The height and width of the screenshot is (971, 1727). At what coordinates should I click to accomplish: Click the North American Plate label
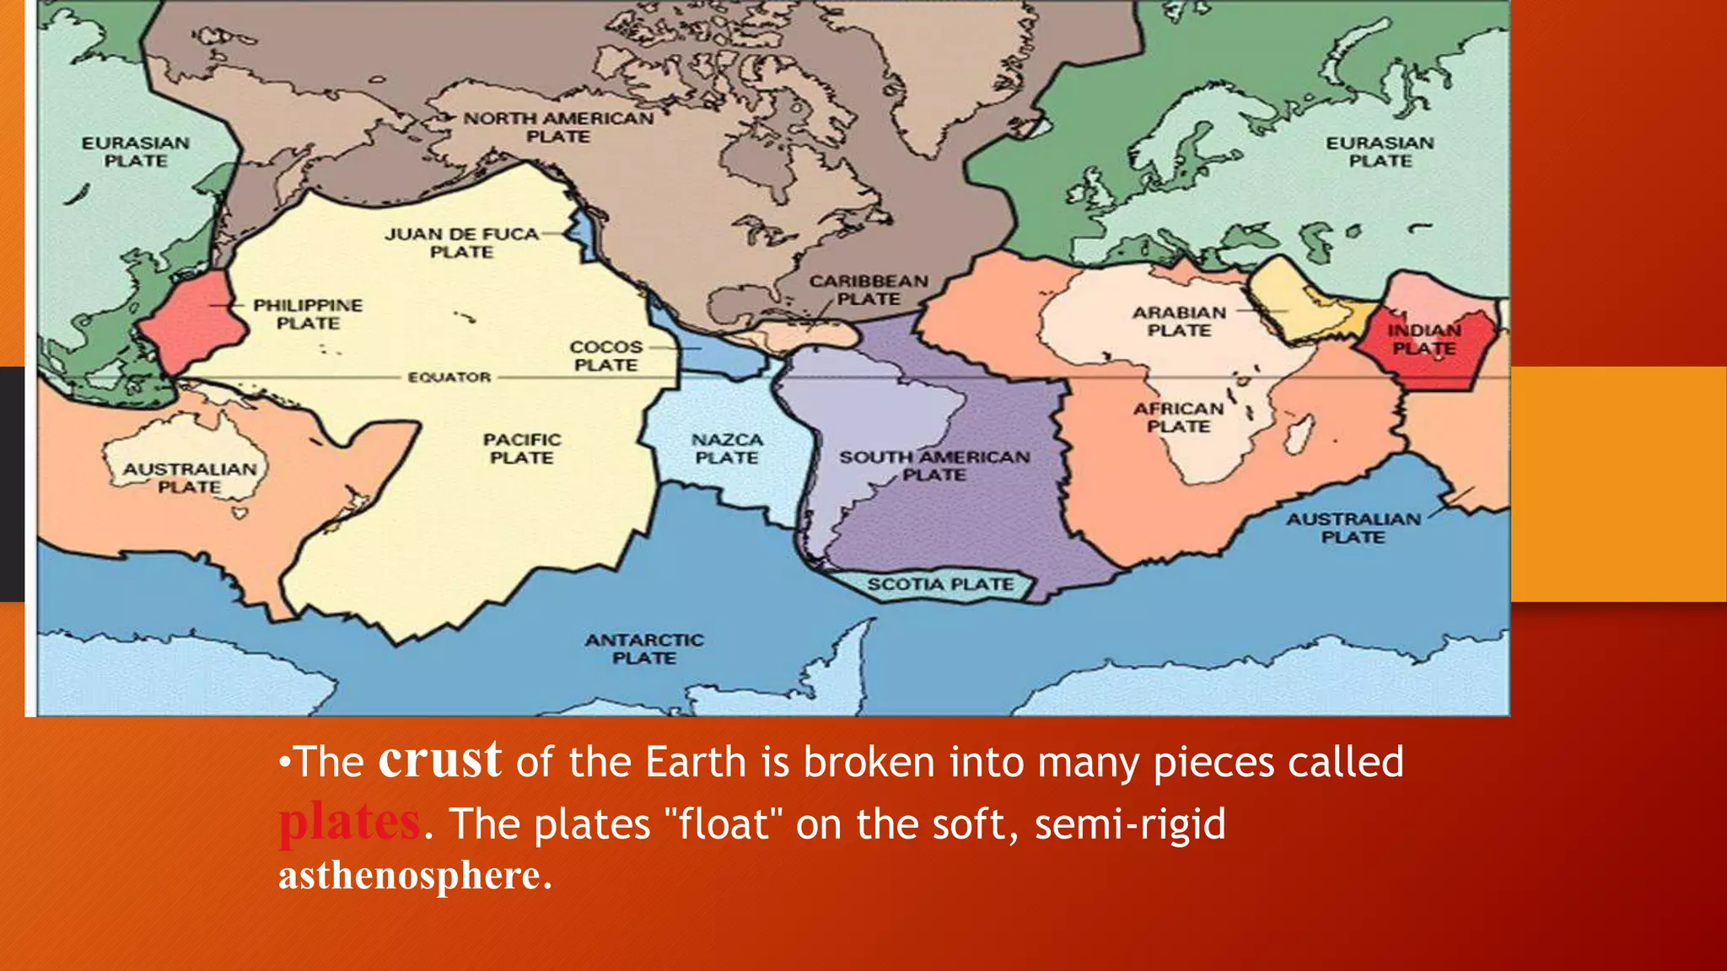[558, 127]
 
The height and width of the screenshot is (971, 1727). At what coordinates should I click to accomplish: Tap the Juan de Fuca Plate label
[461, 243]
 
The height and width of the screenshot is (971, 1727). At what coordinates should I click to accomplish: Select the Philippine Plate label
[308, 314]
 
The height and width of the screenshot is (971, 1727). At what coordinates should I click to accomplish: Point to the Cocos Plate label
[605, 356]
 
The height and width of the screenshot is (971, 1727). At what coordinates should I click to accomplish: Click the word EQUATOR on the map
[449, 377]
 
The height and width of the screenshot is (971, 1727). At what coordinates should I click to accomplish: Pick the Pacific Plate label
[521, 448]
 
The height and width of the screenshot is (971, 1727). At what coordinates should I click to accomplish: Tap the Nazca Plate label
[727, 448]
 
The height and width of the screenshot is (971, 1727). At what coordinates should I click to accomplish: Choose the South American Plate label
[934, 465]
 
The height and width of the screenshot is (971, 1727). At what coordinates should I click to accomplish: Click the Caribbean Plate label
[869, 290]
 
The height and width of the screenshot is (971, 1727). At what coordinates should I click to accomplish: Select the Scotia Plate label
[940, 584]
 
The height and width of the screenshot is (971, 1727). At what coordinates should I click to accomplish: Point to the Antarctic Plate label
[644, 649]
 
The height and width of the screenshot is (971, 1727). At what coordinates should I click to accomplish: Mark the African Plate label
[1178, 417]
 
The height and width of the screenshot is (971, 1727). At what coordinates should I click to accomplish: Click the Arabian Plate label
[1179, 321]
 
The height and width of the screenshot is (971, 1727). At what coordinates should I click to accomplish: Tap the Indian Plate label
[1424, 339]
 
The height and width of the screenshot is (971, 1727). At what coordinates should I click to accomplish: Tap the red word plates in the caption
[349, 822]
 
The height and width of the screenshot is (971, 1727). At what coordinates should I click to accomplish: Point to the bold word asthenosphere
[410, 875]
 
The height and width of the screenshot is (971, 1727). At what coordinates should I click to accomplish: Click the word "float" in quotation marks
[723, 823]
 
